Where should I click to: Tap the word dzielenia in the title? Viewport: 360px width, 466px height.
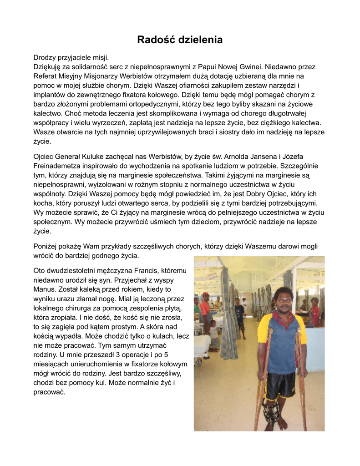(200, 40)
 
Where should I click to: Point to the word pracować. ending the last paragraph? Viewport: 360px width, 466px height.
(50, 392)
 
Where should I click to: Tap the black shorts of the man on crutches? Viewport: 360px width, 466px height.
(279, 385)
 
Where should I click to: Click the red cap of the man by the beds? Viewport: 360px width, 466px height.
(205, 294)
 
